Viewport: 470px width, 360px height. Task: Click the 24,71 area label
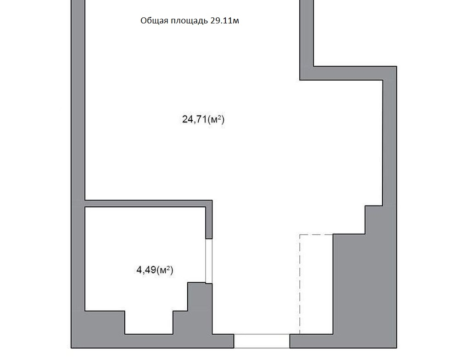point(203,120)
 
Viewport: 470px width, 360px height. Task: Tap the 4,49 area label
point(155,270)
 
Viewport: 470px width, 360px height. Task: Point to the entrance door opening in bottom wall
point(262,341)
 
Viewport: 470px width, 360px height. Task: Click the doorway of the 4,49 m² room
point(209,260)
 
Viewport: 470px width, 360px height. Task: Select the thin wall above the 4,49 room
point(149,204)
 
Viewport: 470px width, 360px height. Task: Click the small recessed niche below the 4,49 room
point(149,322)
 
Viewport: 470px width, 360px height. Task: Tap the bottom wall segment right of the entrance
point(343,341)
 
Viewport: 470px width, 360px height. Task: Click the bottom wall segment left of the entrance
point(152,341)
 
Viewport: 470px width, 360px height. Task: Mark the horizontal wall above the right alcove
point(348,73)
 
